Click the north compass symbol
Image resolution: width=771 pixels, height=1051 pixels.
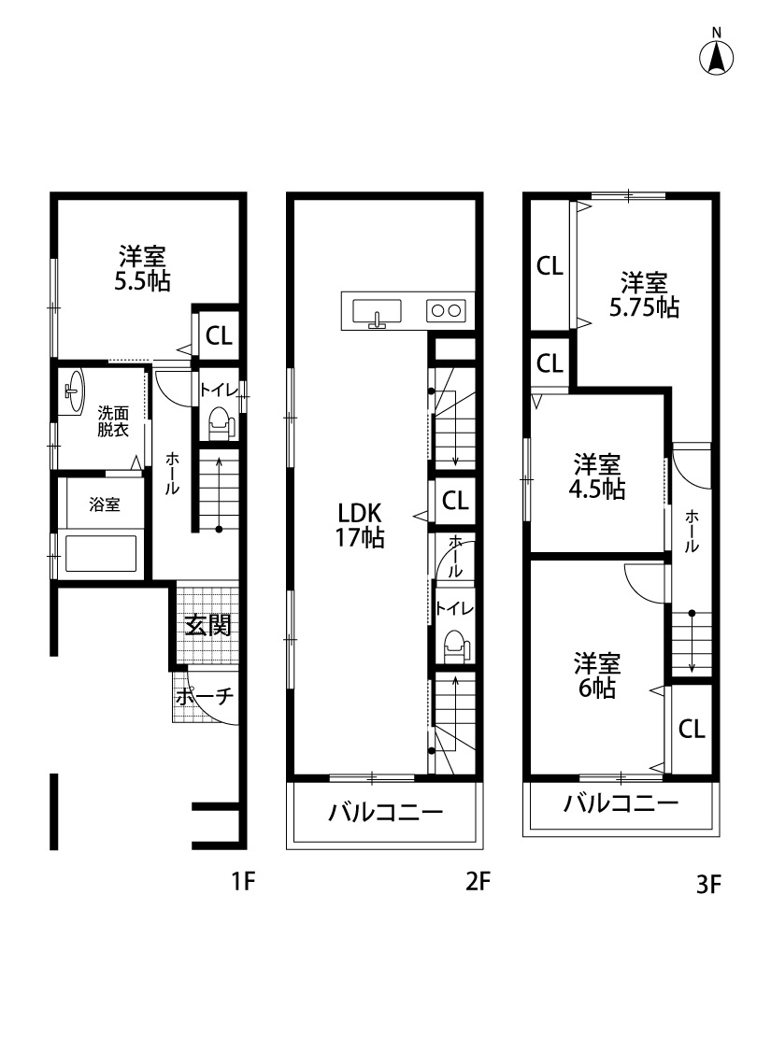click(717, 57)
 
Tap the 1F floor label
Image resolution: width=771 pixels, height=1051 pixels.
click(243, 882)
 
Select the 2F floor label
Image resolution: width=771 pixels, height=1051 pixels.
click(478, 882)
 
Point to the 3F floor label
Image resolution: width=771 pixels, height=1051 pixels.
click(709, 884)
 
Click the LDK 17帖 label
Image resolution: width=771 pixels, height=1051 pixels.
click(361, 525)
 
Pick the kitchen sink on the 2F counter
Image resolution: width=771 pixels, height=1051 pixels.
click(378, 311)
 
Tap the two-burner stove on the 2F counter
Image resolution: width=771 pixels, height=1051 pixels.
click(446, 311)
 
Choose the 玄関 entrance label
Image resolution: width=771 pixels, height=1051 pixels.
click(207, 625)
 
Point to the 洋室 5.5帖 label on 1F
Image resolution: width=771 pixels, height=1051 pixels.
click(142, 268)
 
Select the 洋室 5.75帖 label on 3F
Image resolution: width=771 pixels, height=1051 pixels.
click(644, 294)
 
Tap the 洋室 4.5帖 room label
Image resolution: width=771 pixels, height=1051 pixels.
click(598, 476)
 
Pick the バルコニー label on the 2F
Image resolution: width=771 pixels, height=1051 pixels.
click(385, 813)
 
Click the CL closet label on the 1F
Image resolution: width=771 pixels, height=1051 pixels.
click(220, 337)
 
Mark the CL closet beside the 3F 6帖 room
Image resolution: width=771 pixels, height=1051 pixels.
click(692, 730)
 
